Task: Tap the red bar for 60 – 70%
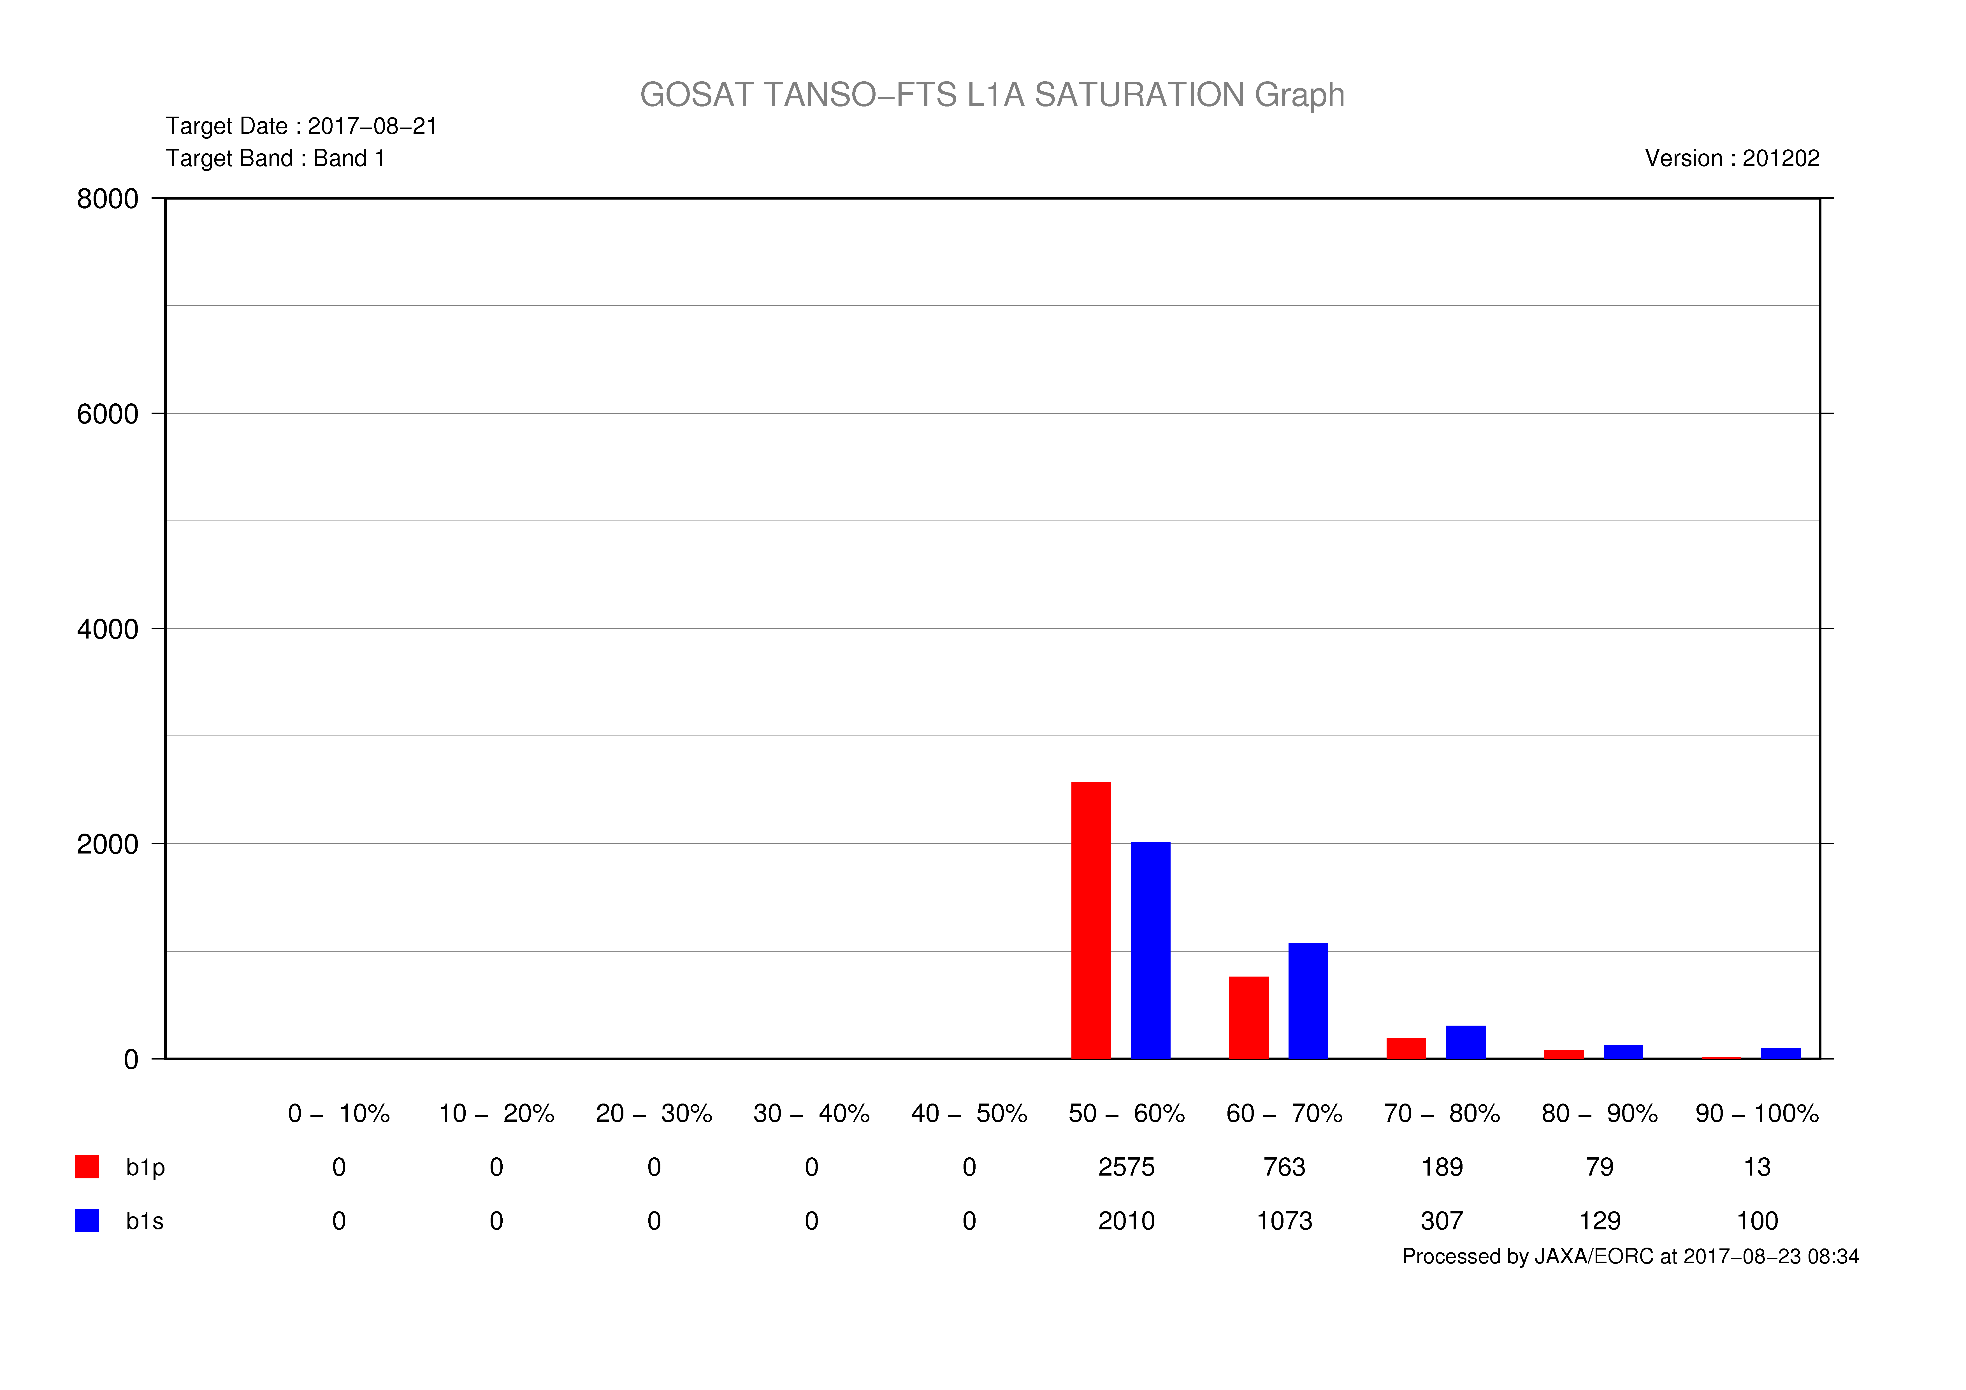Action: (1248, 1017)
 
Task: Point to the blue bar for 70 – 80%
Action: (1466, 1042)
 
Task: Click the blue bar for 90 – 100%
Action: (1781, 1053)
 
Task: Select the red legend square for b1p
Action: (87, 1167)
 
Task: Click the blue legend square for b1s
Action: (87, 1220)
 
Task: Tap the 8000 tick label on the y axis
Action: (108, 199)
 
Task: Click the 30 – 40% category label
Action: (812, 1113)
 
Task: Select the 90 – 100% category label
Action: (1757, 1113)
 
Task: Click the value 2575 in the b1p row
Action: (1127, 1167)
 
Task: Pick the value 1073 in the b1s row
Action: (1284, 1221)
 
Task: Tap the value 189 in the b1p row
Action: (1442, 1167)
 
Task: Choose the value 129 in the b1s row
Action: (1600, 1221)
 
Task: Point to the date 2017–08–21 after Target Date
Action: (372, 126)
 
